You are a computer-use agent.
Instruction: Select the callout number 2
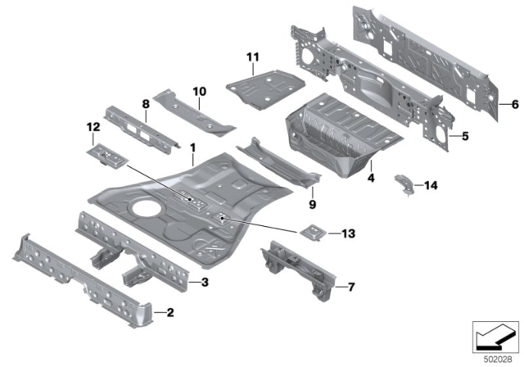tap(169, 311)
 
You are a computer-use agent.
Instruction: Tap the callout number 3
tap(205, 282)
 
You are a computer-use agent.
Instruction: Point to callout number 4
tap(370, 176)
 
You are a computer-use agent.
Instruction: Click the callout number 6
tap(513, 105)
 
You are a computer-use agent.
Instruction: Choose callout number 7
tap(350, 287)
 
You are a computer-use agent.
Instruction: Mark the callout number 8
tap(146, 104)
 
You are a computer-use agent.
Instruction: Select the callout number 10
tap(197, 90)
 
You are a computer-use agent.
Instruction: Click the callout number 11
tap(252, 56)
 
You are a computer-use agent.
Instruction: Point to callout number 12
tap(93, 126)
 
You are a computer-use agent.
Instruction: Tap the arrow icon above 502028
tap(495, 336)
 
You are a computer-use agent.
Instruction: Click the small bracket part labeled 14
tap(404, 183)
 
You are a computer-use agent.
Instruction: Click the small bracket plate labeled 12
tap(105, 152)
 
